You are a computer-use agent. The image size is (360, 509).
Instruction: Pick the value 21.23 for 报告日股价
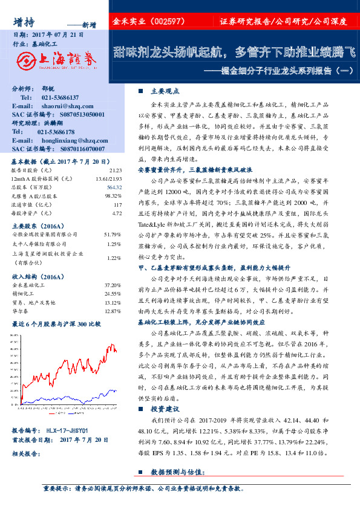(x=116, y=171)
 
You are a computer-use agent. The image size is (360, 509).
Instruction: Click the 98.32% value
(x=114, y=196)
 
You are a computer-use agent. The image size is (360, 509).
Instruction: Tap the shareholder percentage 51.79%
(x=113, y=233)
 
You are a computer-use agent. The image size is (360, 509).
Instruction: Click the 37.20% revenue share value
(x=113, y=285)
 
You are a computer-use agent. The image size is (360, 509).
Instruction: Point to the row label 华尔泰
(x=22, y=311)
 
